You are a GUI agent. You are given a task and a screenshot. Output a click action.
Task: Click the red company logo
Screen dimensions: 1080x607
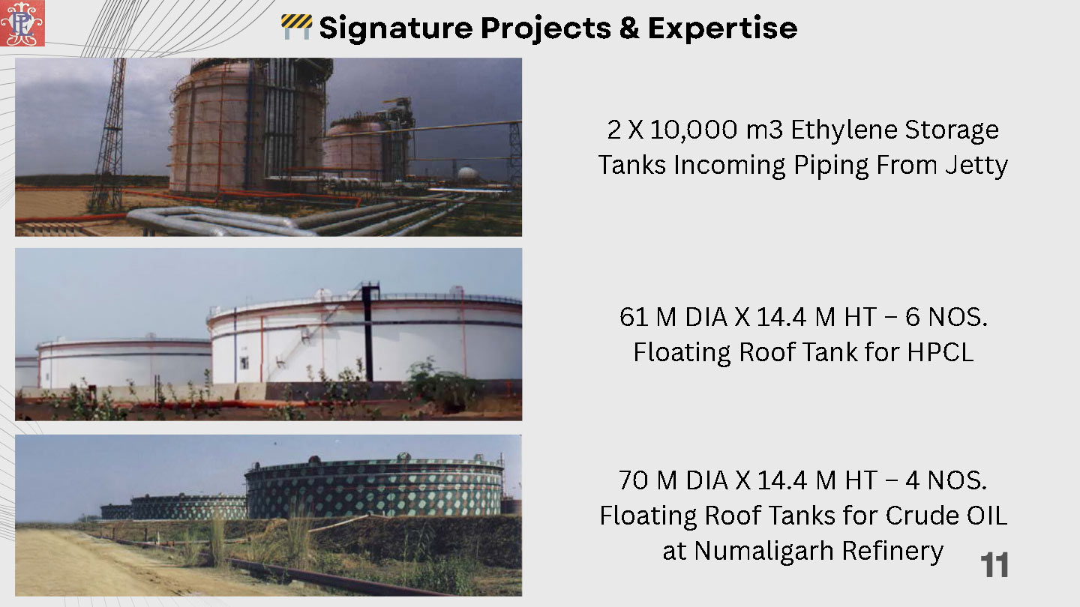point(22,23)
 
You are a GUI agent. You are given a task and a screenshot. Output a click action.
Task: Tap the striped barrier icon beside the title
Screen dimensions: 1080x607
point(296,27)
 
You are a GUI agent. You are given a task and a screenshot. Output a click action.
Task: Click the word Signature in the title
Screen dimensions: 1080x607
point(396,28)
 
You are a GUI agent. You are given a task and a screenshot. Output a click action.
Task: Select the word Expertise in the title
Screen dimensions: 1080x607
point(722,28)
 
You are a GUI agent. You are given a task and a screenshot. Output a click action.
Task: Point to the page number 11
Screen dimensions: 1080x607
point(994,564)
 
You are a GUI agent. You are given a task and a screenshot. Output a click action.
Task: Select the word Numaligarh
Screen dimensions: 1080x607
point(763,551)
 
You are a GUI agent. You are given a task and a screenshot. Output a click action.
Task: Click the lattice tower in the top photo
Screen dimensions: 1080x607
point(110,135)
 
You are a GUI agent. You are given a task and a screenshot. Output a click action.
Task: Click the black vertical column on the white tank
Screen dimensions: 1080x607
point(369,333)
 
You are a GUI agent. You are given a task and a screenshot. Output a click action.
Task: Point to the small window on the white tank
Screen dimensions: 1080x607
point(244,362)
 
